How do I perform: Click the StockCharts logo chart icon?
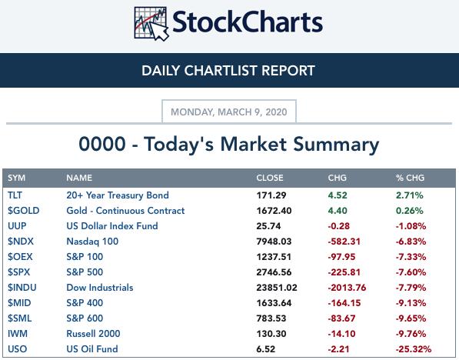coord(151,23)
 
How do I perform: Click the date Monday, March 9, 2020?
coord(229,112)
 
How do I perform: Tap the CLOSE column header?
coord(270,178)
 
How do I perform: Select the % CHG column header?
coord(410,178)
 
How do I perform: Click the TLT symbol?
coord(15,195)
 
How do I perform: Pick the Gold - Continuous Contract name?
coord(125,211)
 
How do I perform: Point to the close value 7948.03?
coord(274,242)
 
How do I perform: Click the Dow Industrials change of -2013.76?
coord(347,288)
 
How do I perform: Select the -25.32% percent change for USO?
coord(414,349)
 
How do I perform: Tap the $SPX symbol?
coord(18,272)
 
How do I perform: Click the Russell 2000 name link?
coord(93,334)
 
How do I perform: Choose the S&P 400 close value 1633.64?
coord(274,303)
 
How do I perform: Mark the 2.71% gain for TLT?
coord(410,195)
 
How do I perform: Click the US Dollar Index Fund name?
coord(112,226)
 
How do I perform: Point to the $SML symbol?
coord(20,318)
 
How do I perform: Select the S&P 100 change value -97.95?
coord(341,257)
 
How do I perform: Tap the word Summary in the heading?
coord(336,145)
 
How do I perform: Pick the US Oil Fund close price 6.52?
coord(265,349)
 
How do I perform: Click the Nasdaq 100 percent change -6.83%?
coord(411,242)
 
